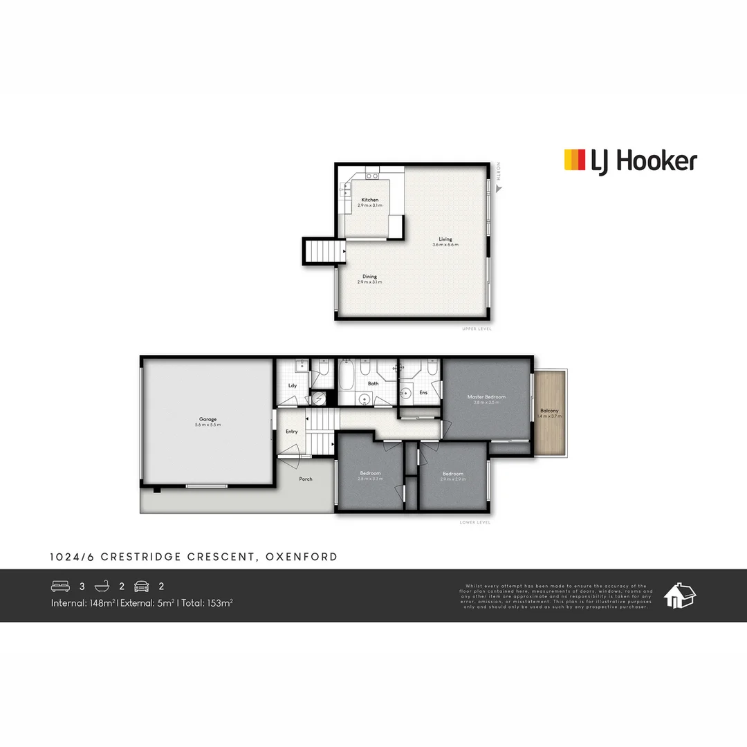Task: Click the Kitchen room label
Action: (370, 200)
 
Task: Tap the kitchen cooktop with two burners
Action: (372, 176)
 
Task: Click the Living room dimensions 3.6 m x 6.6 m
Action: (445, 245)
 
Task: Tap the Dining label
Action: (370, 276)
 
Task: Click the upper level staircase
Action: (324, 250)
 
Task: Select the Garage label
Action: (208, 418)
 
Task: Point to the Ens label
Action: (423, 393)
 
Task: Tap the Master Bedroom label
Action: (486, 397)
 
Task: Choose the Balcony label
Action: (551, 411)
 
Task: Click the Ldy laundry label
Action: (293, 385)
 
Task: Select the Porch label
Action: (305, 479)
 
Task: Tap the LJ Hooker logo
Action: (630, 160)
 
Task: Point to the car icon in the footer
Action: (142, 586)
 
